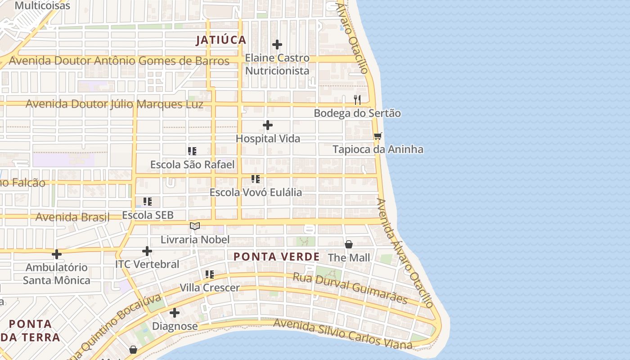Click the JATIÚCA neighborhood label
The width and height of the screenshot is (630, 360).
tap(221, 40)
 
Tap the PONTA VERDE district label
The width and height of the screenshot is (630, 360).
tap(276, 257)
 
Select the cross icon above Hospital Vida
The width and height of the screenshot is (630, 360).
tap(268, 125)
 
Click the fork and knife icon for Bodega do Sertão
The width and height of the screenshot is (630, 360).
tap(357, 99)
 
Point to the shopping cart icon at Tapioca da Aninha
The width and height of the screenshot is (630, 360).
tap(378, 136)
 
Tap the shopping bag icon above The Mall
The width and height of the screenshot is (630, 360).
tap(349, 244)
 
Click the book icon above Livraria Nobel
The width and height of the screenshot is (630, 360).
tap(195, 226)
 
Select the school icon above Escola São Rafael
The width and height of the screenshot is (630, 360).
tap(192, 151)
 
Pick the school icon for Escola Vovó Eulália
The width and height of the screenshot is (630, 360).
tap(256, 179)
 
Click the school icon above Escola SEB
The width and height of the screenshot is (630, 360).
tap(148, 202)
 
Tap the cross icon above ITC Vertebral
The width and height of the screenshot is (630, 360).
tap(147, 251)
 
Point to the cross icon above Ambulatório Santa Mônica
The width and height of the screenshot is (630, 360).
tap(57, 254)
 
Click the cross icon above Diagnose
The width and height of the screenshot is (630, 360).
tap(175, 313)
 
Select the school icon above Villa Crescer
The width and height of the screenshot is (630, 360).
tap(209, 274)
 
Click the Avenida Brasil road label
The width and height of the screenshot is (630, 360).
tap(72, 217)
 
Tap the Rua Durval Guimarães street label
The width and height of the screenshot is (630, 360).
tap(350, 288)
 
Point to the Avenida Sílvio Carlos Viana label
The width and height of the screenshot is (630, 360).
tap(342, 334)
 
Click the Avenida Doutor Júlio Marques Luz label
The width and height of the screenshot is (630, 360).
tap(114, 104)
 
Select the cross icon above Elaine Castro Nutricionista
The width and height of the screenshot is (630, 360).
tap(277, 45)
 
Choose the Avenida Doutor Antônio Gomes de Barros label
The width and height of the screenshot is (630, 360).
tap(119, 61)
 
